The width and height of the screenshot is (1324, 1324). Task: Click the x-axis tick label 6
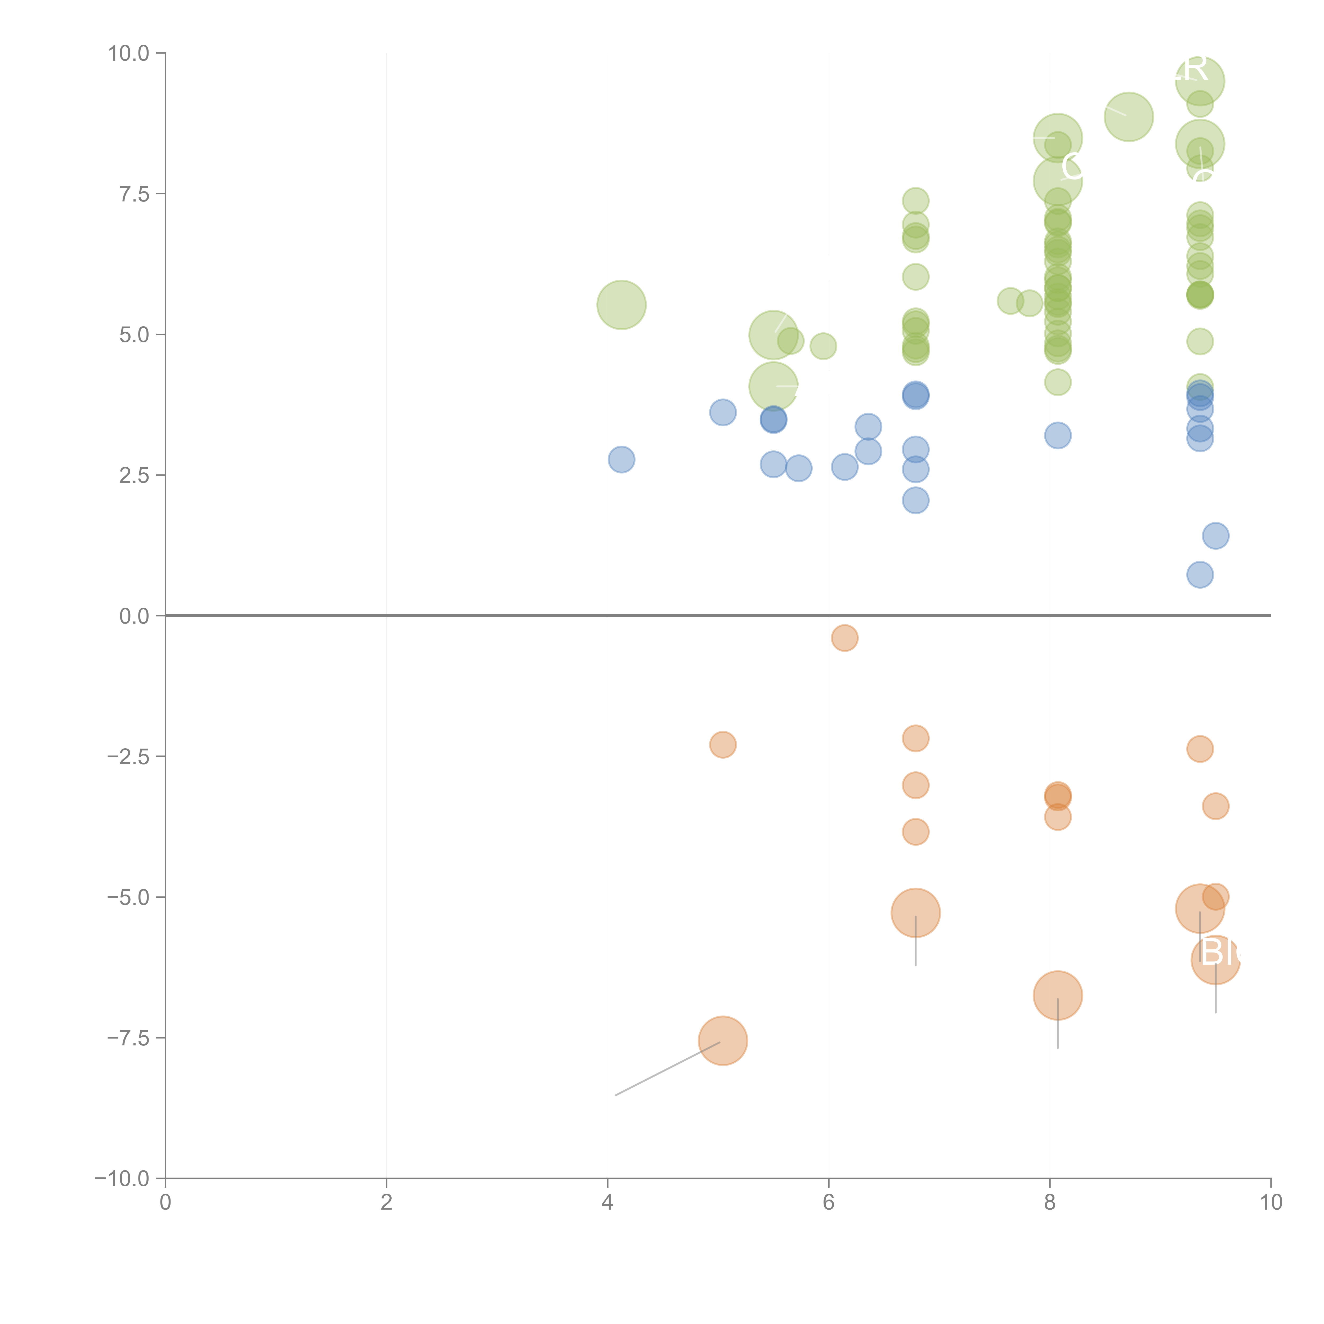point(829,1203)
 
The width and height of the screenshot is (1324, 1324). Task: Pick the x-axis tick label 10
point(1271,1203)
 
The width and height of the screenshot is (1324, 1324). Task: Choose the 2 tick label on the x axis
point(387,1203)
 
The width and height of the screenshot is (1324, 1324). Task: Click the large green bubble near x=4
point(621,305)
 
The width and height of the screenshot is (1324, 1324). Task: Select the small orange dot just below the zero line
point(844,638)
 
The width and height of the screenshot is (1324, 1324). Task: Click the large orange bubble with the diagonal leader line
point(722,1041)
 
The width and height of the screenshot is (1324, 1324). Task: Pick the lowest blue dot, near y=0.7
point(1199,575)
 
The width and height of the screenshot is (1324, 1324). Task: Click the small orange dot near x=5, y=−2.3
point(722,744)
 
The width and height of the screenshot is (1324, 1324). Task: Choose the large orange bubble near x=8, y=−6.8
point(1057,996)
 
